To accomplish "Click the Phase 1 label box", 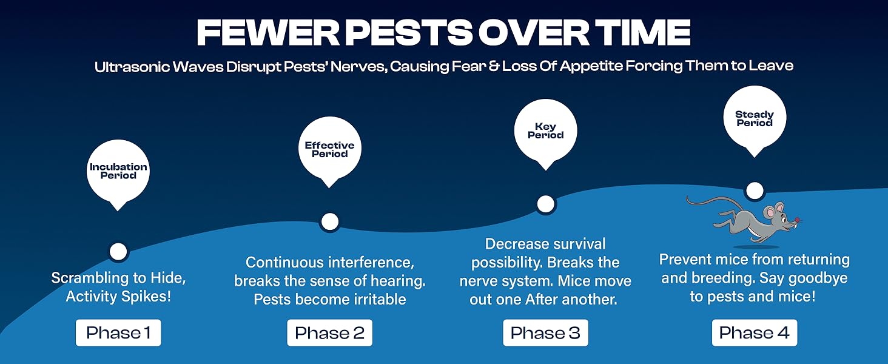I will tap(118, 333).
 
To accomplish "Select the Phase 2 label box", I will tap(329, 333).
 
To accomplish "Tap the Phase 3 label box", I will tap(545, 333).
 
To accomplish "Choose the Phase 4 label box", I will tap(754, 333).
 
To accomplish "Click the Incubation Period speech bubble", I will tap(118, 171).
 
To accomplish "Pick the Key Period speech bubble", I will tap(545, 130).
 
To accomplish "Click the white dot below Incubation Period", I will tap(118, 251).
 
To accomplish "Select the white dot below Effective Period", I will tap(329, 221).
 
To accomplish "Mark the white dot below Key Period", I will tap(545, 204).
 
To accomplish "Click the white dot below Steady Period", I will tap(754, 190).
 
